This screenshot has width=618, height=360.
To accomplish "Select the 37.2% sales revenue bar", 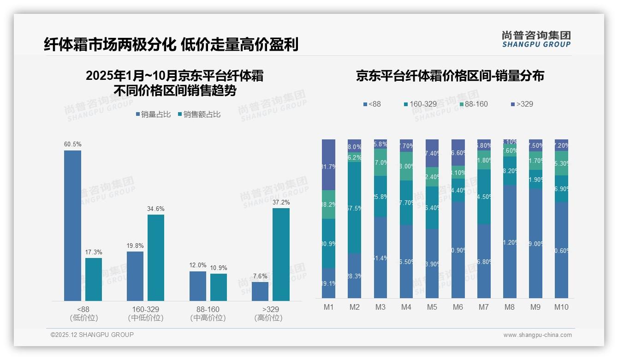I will click(281, 254).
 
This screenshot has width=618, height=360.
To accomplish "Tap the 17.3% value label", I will click(94, 252).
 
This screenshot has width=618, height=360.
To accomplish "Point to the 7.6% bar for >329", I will click(260, 291).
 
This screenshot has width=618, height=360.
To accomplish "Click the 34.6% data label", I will click(156, 209).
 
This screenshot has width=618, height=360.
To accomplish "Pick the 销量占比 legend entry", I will click(155, 114).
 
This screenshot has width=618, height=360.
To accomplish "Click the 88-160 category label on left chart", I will click(208, 309).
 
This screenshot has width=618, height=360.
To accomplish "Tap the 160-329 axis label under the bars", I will click(145, 309).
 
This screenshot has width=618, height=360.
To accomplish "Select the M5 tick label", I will click(432, 307).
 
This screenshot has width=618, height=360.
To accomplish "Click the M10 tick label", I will click(561, 307).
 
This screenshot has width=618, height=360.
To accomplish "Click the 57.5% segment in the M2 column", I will click(354, 208).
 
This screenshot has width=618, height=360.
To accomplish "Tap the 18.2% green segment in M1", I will click(328, 204).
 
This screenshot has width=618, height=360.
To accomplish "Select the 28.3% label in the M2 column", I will click(354, 276).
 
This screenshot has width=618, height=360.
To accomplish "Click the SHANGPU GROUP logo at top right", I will click(536, 39).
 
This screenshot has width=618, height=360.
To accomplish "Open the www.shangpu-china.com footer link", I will click(537, 335).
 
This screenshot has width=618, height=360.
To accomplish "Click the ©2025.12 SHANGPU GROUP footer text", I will click(92, 335).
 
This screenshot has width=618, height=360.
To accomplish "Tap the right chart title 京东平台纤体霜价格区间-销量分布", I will click(450, 76).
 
